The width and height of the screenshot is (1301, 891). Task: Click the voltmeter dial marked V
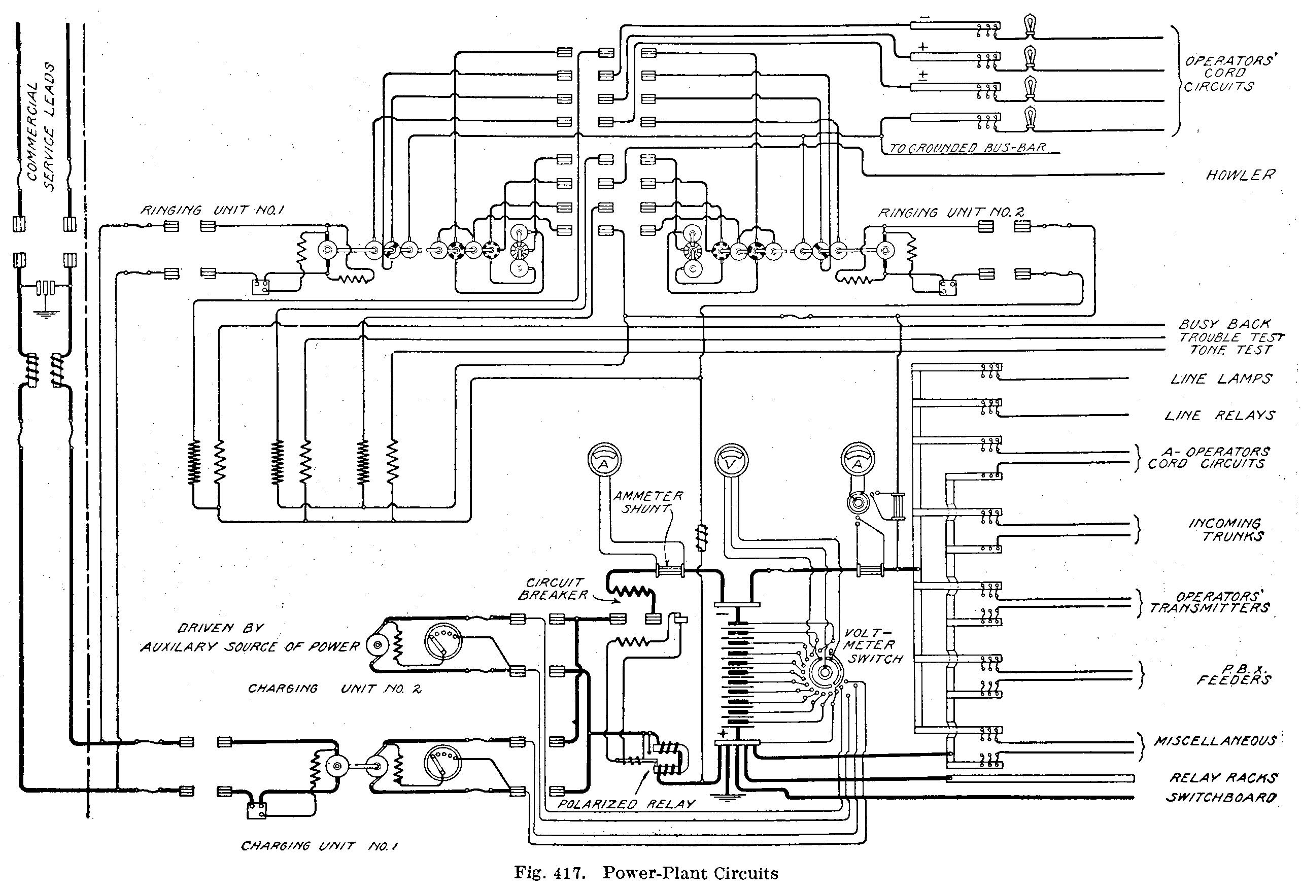tap(732, 461)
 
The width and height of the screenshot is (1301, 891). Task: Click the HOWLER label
tap(1240, 175)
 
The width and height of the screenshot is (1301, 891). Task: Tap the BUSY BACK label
tap(1225, 325)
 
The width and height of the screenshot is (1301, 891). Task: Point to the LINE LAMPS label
tap(1221, 379)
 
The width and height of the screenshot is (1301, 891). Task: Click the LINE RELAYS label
tap(1220, 415)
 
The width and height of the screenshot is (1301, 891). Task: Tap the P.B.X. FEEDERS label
tap(1234, 675)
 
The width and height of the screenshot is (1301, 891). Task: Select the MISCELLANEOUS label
tap(1215, 741)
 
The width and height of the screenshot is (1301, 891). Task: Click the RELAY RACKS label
tap(1223, 778)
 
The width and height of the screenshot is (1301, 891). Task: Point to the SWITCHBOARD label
tap(1221, 797)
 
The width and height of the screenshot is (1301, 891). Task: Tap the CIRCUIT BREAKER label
tap(553, 589)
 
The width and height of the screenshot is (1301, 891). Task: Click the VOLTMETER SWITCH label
tap(872, 646)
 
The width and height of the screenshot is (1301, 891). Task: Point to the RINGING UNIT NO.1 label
tap(212, 211)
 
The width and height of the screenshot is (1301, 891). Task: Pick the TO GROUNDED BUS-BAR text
tap(967, 148)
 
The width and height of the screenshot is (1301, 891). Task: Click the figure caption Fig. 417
tap(646, 873)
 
